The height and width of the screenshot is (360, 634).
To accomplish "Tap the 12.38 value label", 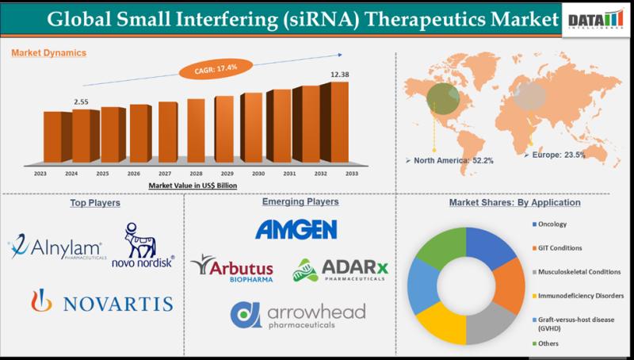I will [340, 75].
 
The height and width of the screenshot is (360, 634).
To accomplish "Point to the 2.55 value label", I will [81, 101].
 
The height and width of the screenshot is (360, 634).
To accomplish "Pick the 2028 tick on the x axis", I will [196, 173].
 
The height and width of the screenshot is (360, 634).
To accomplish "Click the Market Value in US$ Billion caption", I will [193, 185].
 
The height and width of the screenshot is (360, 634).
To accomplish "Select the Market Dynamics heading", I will [49, 53].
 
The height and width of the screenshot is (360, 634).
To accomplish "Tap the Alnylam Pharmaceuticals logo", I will [55, 249].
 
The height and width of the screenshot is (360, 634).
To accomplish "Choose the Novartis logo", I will [102, 301].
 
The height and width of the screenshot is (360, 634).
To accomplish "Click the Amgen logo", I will [296, 229].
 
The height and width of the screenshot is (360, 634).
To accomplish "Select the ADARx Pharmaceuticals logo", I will [342, 271].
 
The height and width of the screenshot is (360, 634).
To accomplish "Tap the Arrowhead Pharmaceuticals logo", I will [298, 315].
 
